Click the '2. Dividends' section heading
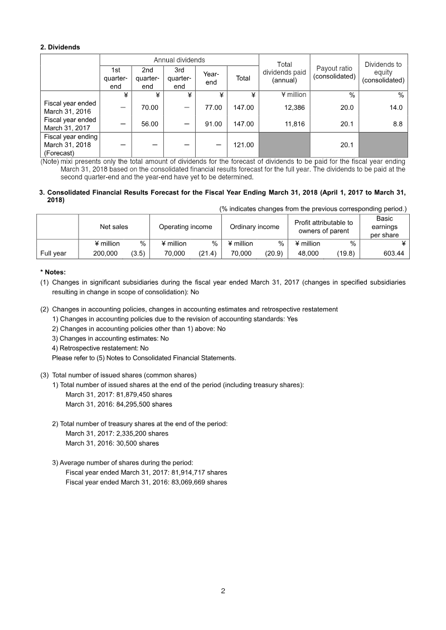coord(60,47)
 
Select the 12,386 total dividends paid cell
coord(294,108)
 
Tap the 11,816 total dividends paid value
coord(294,124)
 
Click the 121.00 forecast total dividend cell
coord(243,145)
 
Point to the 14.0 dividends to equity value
coord(397,108)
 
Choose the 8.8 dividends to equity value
coord(398,124)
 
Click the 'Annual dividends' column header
coord(179,60)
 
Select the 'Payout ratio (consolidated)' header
coord(334,72)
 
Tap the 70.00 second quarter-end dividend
coord(150,108)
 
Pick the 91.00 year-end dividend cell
coord(214,124)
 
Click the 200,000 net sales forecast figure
coord(105,253)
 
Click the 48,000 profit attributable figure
coord(308,253)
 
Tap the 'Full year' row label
coord(53,253)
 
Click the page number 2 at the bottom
coord(223,592)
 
